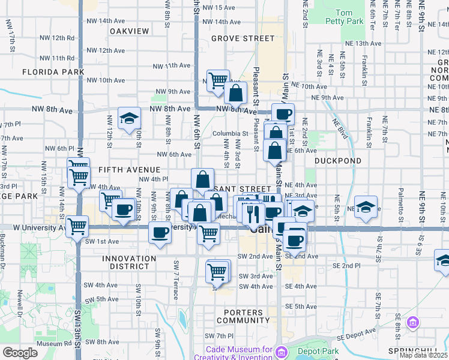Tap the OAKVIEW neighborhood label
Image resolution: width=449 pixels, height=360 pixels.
coord(129,31)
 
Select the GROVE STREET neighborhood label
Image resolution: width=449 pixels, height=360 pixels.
coord(243,38)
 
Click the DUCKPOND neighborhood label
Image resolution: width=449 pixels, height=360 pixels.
coord(338,161)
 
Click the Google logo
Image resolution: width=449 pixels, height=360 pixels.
coord(20,353)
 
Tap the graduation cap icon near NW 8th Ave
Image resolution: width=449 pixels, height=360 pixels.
coord(128,118)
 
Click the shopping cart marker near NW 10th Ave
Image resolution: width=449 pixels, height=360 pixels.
coord(218,80)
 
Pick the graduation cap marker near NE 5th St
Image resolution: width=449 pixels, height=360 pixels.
coord(366,206)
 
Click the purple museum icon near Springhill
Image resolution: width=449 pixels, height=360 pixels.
coord(412,323)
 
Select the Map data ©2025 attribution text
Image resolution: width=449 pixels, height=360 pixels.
coord(423,355)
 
